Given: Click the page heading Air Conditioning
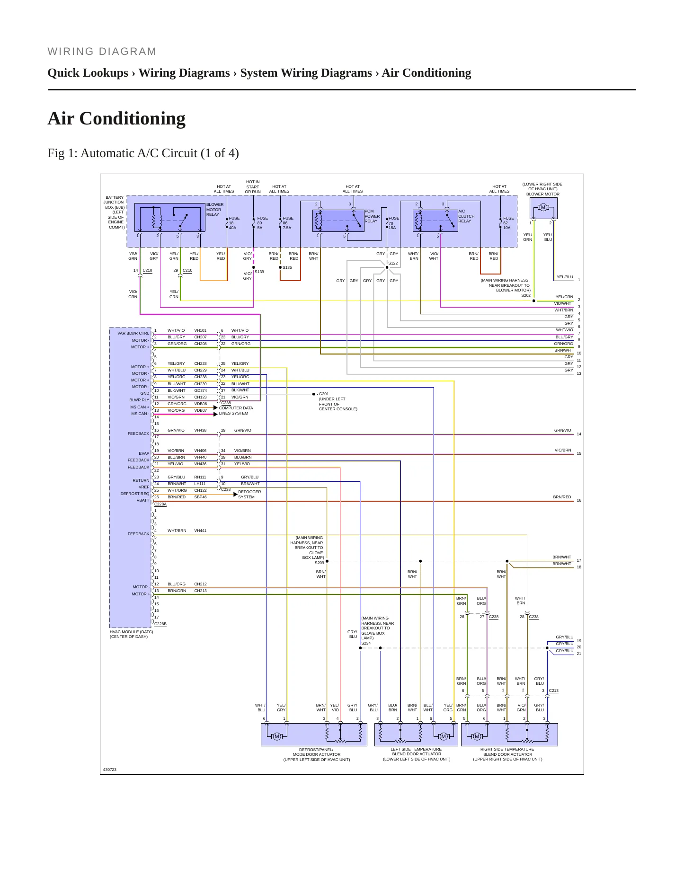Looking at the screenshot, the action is click(x=116, y=118).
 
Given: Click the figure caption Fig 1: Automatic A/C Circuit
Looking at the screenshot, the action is click(x=143, y=153).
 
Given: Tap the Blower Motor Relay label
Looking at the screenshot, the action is click(x=214, y=210).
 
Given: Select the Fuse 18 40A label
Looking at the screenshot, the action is click(x=234, y=223).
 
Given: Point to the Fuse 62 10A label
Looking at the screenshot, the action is click(x=508, y=223).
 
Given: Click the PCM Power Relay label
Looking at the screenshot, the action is click(x=372, y=216).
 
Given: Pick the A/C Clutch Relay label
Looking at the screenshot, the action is click(x=466, y=216).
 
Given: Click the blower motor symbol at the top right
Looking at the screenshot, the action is click(x=543, y=207).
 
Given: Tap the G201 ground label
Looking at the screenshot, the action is click(x=324, y=394).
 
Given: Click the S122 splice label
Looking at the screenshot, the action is click(x=393, y=263).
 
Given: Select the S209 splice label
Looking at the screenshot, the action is click(x=320, y=563).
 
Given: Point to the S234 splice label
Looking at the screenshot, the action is click(x=366, y=643).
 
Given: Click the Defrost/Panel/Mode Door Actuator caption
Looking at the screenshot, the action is click(x=317, y=754).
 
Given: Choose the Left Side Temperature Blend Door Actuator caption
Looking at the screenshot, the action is click(x=417, y=754).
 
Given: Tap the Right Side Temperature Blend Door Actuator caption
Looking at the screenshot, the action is click(x=507, y=754).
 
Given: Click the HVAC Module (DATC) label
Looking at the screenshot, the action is click(x=132, y=634).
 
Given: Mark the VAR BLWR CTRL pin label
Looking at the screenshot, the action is click(x=133, y=333).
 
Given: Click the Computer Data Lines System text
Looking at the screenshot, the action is click(x=236, y=410).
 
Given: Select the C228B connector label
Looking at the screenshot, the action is click(x=160, y=624).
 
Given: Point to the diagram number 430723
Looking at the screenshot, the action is click(x=110, y=770).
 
